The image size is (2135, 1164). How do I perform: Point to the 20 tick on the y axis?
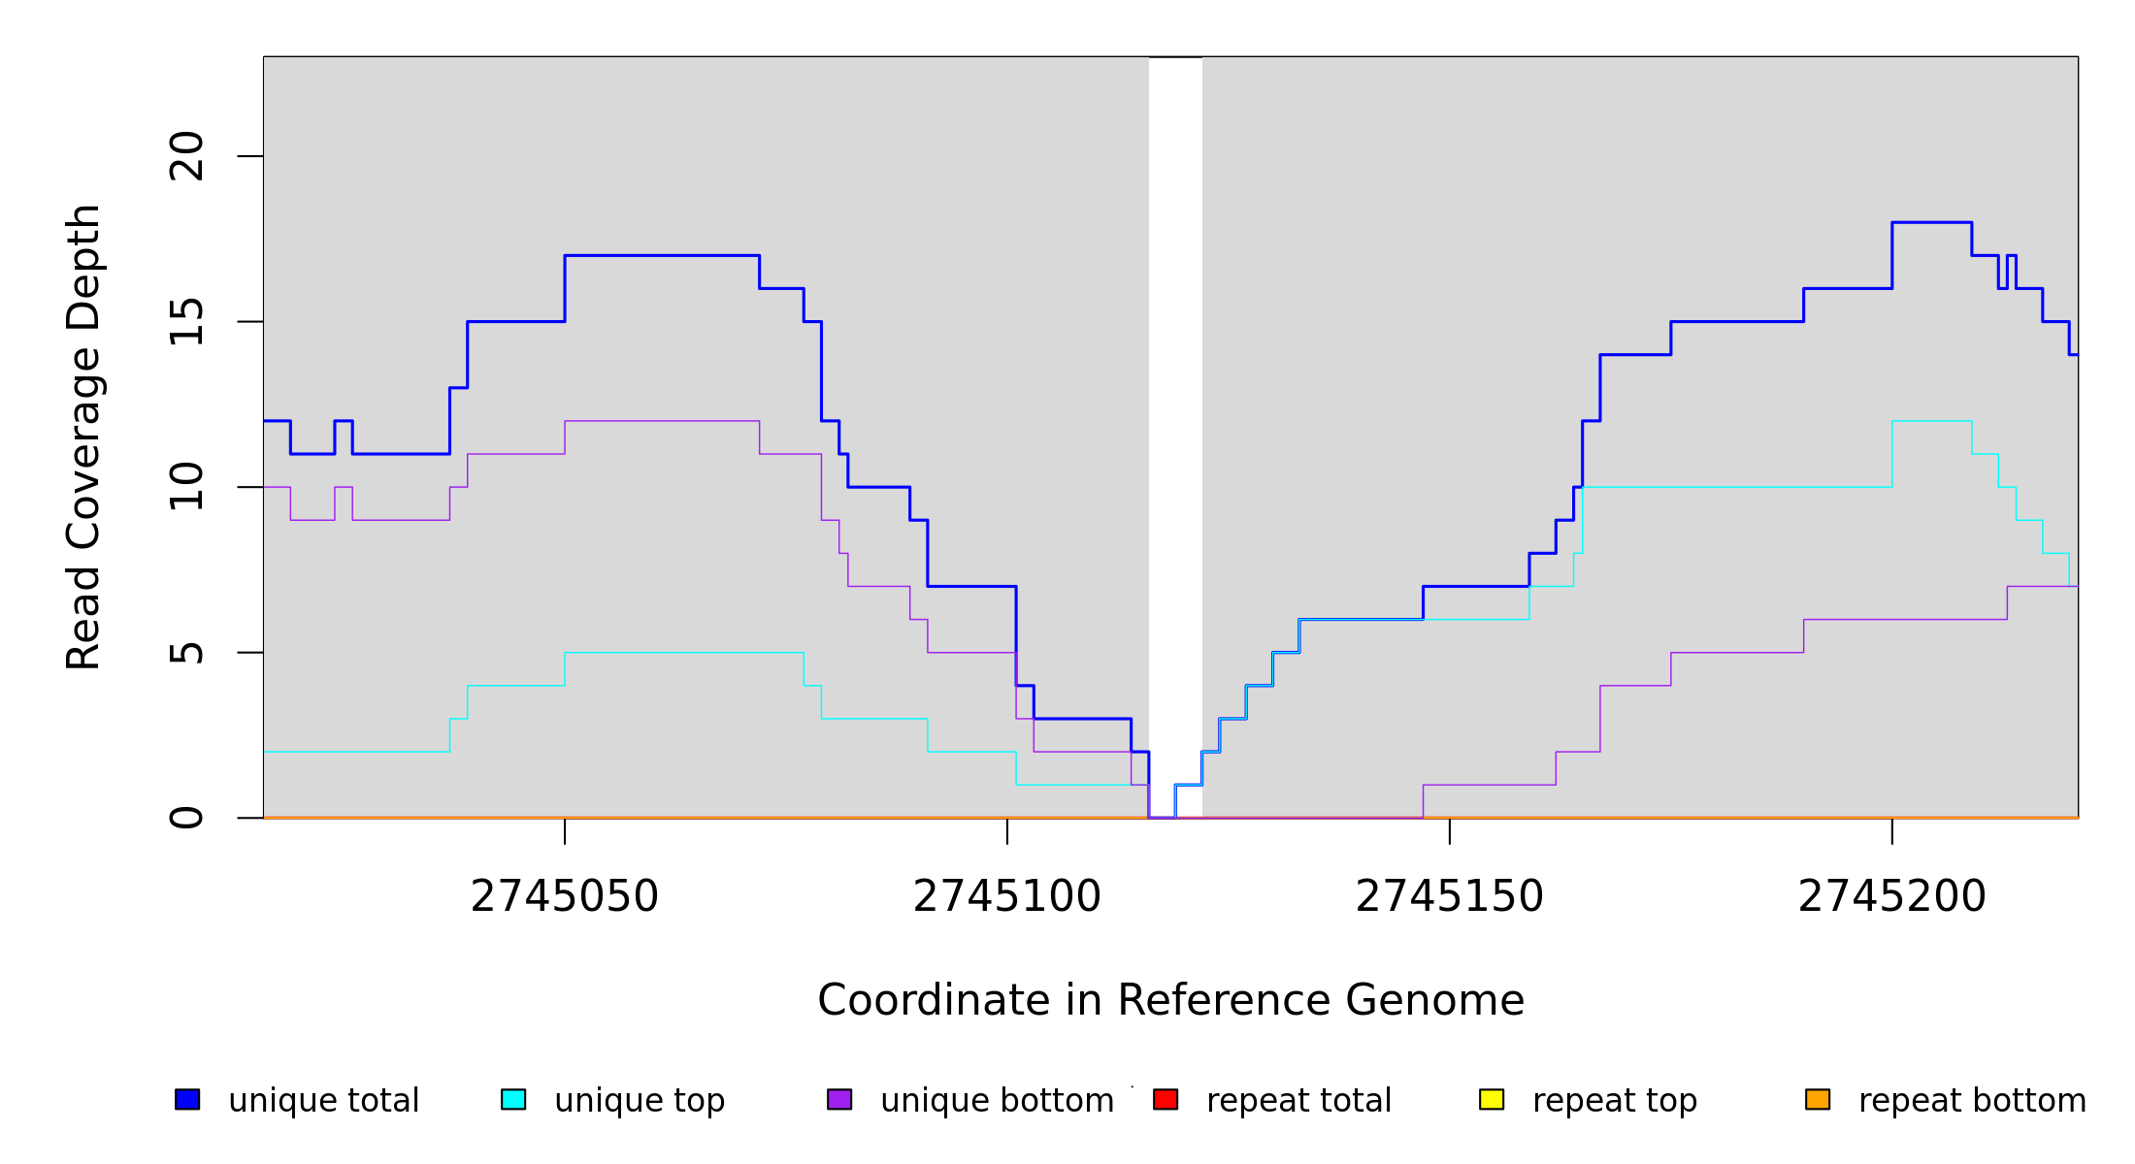tap(186, 156)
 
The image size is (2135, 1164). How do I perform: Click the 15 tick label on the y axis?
tap(186, 322)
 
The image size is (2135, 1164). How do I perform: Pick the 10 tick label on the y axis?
tap(186, 487)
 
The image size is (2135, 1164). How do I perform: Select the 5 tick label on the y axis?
tap(186, 653)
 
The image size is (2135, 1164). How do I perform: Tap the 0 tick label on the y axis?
tap(186, 818)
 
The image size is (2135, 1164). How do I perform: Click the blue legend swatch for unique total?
tap(187, 1099)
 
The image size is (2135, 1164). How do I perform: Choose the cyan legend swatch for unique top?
tap(513, 1099)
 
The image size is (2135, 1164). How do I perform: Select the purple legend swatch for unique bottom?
tap(839, 1099)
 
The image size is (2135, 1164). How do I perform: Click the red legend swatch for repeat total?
tap(1166, 1099)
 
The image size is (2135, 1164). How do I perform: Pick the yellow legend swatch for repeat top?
tap(1492, 1099)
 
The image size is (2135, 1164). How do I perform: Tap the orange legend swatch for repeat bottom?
tap(1818, 1099)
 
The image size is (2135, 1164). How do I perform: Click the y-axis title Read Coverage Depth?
tap(83, 436)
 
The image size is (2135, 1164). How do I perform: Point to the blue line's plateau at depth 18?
tap(1931, 223)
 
